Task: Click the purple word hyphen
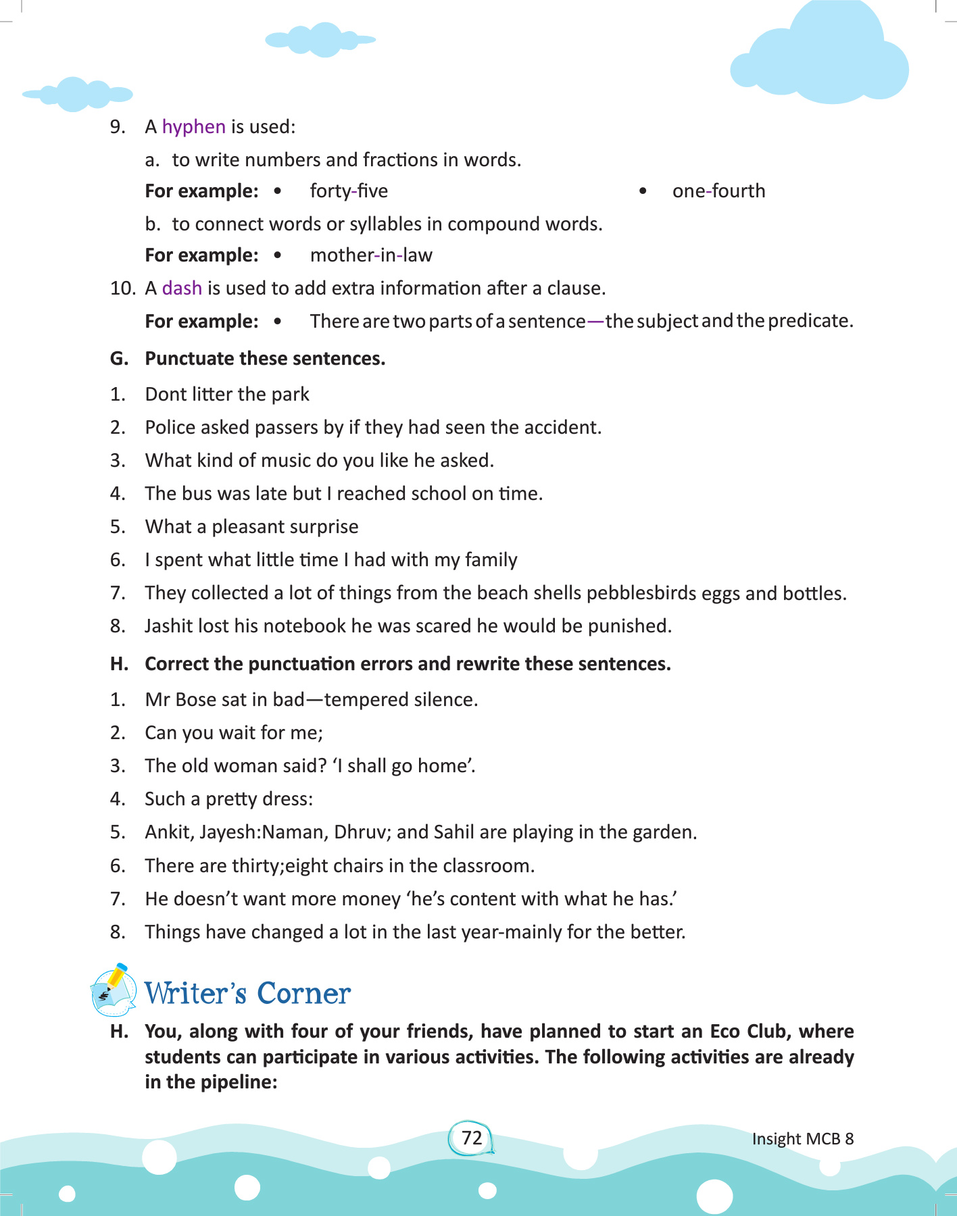193,127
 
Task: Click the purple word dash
182,288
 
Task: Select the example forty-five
349,191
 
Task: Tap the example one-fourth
718,191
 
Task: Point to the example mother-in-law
371,255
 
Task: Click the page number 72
472,1138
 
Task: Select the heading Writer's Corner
247,994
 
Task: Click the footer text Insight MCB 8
802,1139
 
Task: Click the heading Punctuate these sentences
265,359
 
